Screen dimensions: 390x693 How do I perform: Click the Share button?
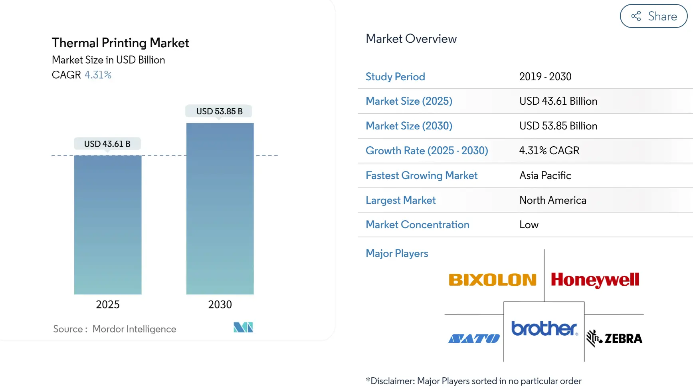(x=653, y=16)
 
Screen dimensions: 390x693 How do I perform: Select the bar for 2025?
(x=108, y=225)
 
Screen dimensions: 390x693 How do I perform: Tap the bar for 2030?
(x=220, y=209)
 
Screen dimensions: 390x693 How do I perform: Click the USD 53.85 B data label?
(x=219, y=111)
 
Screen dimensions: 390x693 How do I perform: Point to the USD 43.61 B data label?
(x=107, y=144)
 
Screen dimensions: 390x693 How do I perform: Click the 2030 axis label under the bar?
(x=220, y=304)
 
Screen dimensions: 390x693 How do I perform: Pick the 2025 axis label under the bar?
(x=108, y=304)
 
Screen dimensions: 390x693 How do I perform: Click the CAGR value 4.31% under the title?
(x=98, y=75)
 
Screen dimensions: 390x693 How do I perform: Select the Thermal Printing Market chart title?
(x=120, y=43)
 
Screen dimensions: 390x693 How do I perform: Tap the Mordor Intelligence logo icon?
(x=243, y=327)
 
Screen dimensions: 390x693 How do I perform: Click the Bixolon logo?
(x=492, y=280)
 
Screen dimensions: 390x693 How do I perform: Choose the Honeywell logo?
(x=595, y=280)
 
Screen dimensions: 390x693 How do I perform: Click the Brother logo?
(x=544, y=328)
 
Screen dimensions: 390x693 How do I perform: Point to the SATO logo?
(x=474, y=339)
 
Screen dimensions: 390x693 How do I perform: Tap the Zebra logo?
(x=614, y=338)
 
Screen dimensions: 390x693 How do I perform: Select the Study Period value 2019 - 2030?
(x=545, y=77)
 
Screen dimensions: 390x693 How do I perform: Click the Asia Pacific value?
(x=545, y=175)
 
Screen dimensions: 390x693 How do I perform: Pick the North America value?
(x=552, y=200)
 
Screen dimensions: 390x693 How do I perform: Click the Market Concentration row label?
(x=417, y=225)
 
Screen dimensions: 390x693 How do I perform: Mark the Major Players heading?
(x=397, y=253)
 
